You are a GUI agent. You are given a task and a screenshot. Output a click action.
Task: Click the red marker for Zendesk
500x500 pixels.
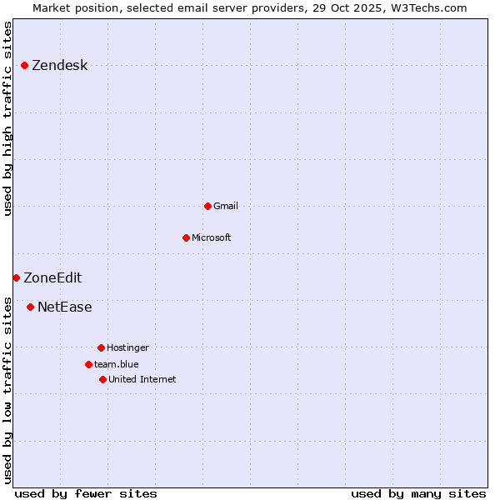point(25,65)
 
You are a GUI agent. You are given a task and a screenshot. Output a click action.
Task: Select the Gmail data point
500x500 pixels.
point(207,206)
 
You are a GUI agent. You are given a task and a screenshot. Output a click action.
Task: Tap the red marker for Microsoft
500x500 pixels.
point(186,237)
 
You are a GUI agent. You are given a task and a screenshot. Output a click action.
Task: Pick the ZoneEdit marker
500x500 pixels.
point(16,277)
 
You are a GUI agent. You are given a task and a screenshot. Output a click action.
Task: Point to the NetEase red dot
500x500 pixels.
point(30,307)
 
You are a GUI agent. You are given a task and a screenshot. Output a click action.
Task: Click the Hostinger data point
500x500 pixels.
point(101,347)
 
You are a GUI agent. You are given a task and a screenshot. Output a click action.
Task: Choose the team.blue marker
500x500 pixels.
point(88,364)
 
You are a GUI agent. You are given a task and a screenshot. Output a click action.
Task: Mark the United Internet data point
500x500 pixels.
point(102,379)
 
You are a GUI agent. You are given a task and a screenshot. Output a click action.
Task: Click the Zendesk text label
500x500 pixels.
point(59,66)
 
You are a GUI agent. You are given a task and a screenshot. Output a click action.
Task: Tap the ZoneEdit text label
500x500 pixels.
point(52,278)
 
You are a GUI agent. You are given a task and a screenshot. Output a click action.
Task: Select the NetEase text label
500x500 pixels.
point(65,307)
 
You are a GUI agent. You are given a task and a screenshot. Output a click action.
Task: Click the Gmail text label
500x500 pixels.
point(226,207)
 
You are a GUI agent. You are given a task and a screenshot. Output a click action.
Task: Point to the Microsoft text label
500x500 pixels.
point(212,238)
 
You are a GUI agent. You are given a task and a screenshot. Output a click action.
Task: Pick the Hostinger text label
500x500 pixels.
point(127,348)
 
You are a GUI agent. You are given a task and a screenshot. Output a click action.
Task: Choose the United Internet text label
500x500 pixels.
point(142,380)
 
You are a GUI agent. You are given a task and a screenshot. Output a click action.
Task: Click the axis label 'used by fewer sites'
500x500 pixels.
point(86,493)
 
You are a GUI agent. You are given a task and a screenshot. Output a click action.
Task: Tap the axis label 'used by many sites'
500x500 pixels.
point(418,493)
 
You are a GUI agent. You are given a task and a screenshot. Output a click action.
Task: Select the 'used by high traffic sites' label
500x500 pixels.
point(8,118)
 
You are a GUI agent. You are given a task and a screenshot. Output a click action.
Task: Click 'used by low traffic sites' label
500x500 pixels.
point(8,389)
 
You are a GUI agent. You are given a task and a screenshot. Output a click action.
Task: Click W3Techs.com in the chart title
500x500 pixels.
point(427,7)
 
